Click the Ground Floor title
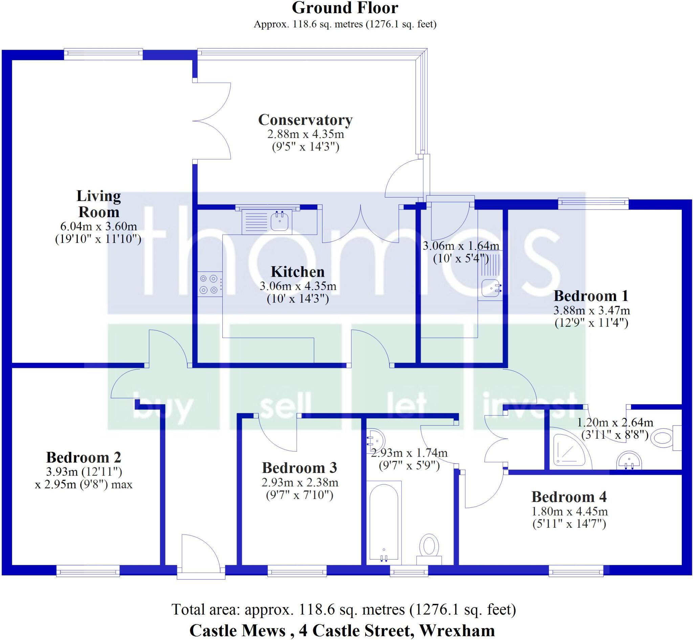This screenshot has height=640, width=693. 345,8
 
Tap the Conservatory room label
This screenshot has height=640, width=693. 305,120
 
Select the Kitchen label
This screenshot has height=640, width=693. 298,272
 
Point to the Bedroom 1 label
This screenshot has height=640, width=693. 591,296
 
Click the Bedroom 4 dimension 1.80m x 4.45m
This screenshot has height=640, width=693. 569,511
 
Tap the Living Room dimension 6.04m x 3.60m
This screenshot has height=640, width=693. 98,227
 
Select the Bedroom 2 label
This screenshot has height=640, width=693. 84,457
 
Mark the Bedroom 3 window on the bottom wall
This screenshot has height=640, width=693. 297,570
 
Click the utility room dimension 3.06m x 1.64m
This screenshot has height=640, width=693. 461,246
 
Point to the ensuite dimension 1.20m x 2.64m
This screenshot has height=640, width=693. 615,422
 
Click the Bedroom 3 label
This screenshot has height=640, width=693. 299,468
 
